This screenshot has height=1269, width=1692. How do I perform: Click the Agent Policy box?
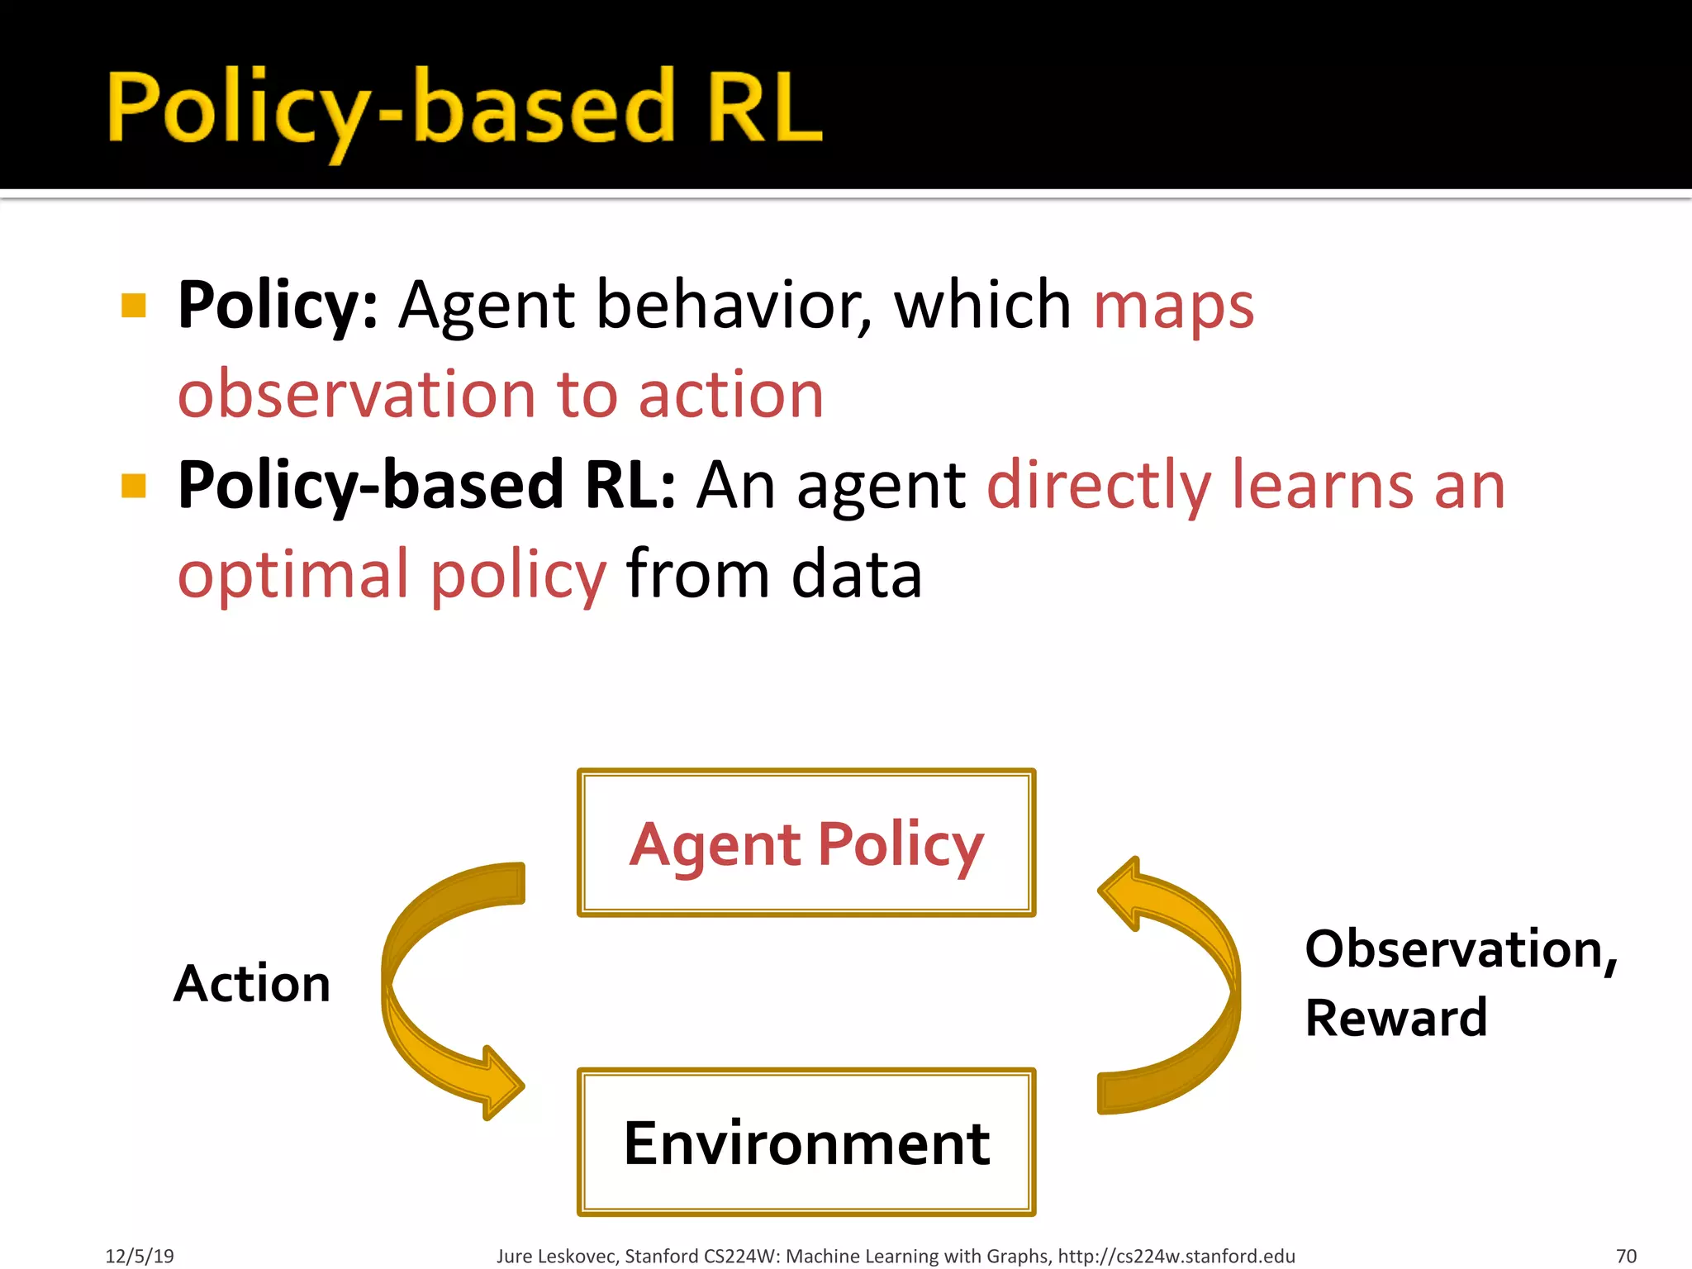[x=806, y=843]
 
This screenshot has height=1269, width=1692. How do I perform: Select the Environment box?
[x=806, y=1143]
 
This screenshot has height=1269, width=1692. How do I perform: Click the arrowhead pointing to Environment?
[x=500, y=1082]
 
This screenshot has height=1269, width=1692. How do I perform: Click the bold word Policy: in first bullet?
[x=278, y=306]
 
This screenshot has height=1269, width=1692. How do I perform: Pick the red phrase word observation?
[x=357, y=395]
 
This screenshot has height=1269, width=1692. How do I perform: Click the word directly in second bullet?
[x=1099, y=486]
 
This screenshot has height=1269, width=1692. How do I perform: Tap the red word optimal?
[x=293, y=575]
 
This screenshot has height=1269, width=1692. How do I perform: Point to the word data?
[x=856, y=575]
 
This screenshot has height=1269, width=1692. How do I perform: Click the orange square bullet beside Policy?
[x=134, y=306]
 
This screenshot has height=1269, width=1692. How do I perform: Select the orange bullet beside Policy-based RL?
[x=134, y=486]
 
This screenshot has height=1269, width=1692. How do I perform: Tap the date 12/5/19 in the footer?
[x=140, y=1256]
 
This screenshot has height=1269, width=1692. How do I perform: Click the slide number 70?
[x=1626, y=1256]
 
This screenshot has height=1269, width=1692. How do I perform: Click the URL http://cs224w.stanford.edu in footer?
[x=1176, y=1256]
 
